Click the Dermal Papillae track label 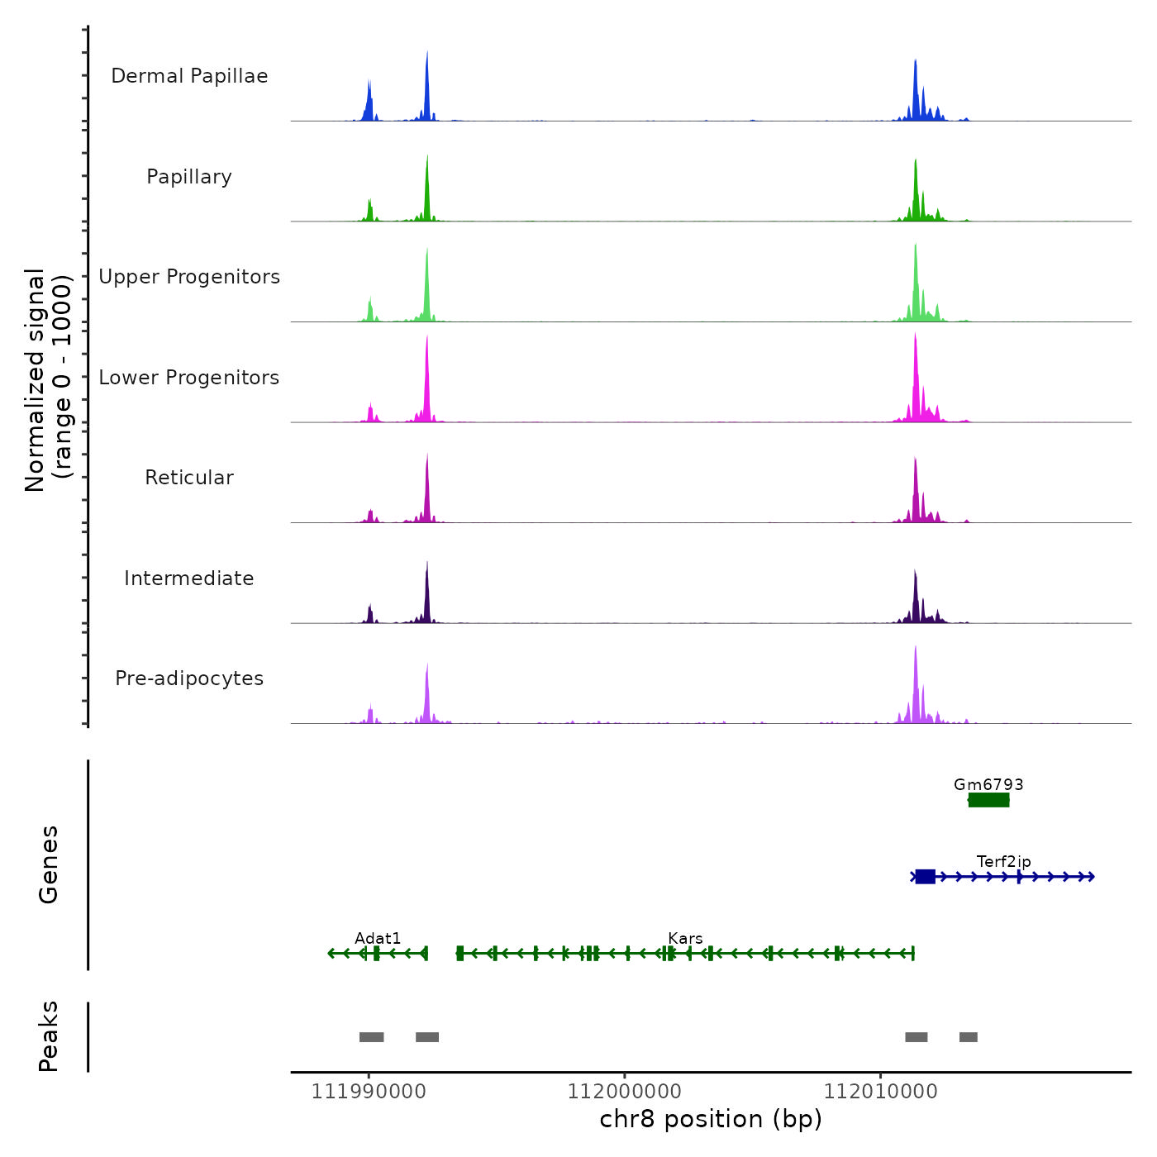pyautogui.click(x=189, y=76)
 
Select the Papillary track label pyautogui.click(x=189, y=177)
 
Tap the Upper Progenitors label pyautogui.click(x=189, y=277)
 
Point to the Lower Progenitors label pyautogui.click(x=189, y=378)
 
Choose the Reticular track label pyautogui.click(x=189, y=478)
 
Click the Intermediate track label pyautogui.click(x=189, y=578)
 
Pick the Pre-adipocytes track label pyautogui.click(x=189, y=678)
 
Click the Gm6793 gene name pyautogui.click(x=988, y=784)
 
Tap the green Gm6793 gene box pyautogui.click(x=988, y=800)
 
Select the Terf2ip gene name pyautogui.click(x=1003, y=862)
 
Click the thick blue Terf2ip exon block pyautogui.click(x=925, y=877)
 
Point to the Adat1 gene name pyautogui.click(x=378, y=938)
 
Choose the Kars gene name pyautogui.click(x=685, y=938)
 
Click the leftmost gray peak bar pyautogui.click(x=371, y=1037)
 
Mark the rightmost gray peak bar pyautogui.click(x=969, y=1037)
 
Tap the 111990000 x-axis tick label pyautogui.click(x=369, y=1092)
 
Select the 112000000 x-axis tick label pyautogui.click(x=625, y=1092)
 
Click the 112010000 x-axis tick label pyautogui.click(x=881, y=1092)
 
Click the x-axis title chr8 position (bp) pyautogui.click(x=711, y=1119)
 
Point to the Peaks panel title pyautogui.click(x=49, y=1036)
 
